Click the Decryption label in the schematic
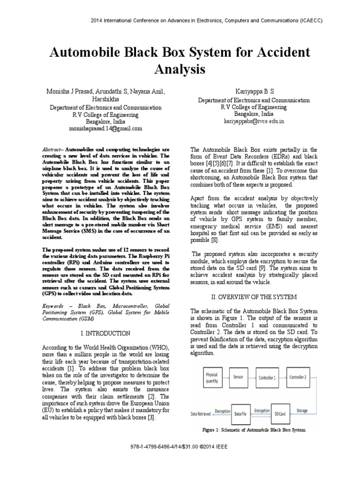point(222,412)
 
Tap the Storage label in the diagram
point(302,411)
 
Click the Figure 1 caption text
point(253,429)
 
